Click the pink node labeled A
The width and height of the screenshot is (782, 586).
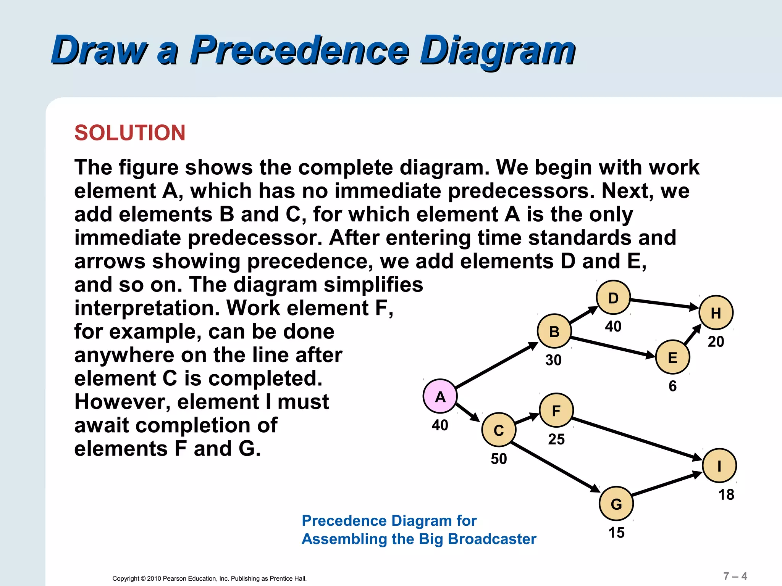pos(440,396)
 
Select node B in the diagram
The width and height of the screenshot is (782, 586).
pos(554,331)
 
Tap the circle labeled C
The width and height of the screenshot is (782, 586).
pos(499,430)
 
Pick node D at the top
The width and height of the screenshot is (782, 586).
pos(613,298)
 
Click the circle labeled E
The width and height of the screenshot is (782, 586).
pos(672,357)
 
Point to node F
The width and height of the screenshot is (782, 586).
pos(556,411)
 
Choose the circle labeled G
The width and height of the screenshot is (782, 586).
pos(616,504)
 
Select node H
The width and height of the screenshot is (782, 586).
pos(716,313)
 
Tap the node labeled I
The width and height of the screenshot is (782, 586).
pos(719,466)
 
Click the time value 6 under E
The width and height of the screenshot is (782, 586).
pos(672,386)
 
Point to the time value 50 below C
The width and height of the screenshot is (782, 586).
pos(499,459)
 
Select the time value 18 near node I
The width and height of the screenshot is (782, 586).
pos(726,495)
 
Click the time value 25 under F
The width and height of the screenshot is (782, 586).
pos(556,439)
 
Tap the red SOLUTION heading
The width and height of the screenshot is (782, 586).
pos(130,133)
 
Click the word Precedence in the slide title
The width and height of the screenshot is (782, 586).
pos(299,50)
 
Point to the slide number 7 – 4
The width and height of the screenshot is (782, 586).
pos(735,576)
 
